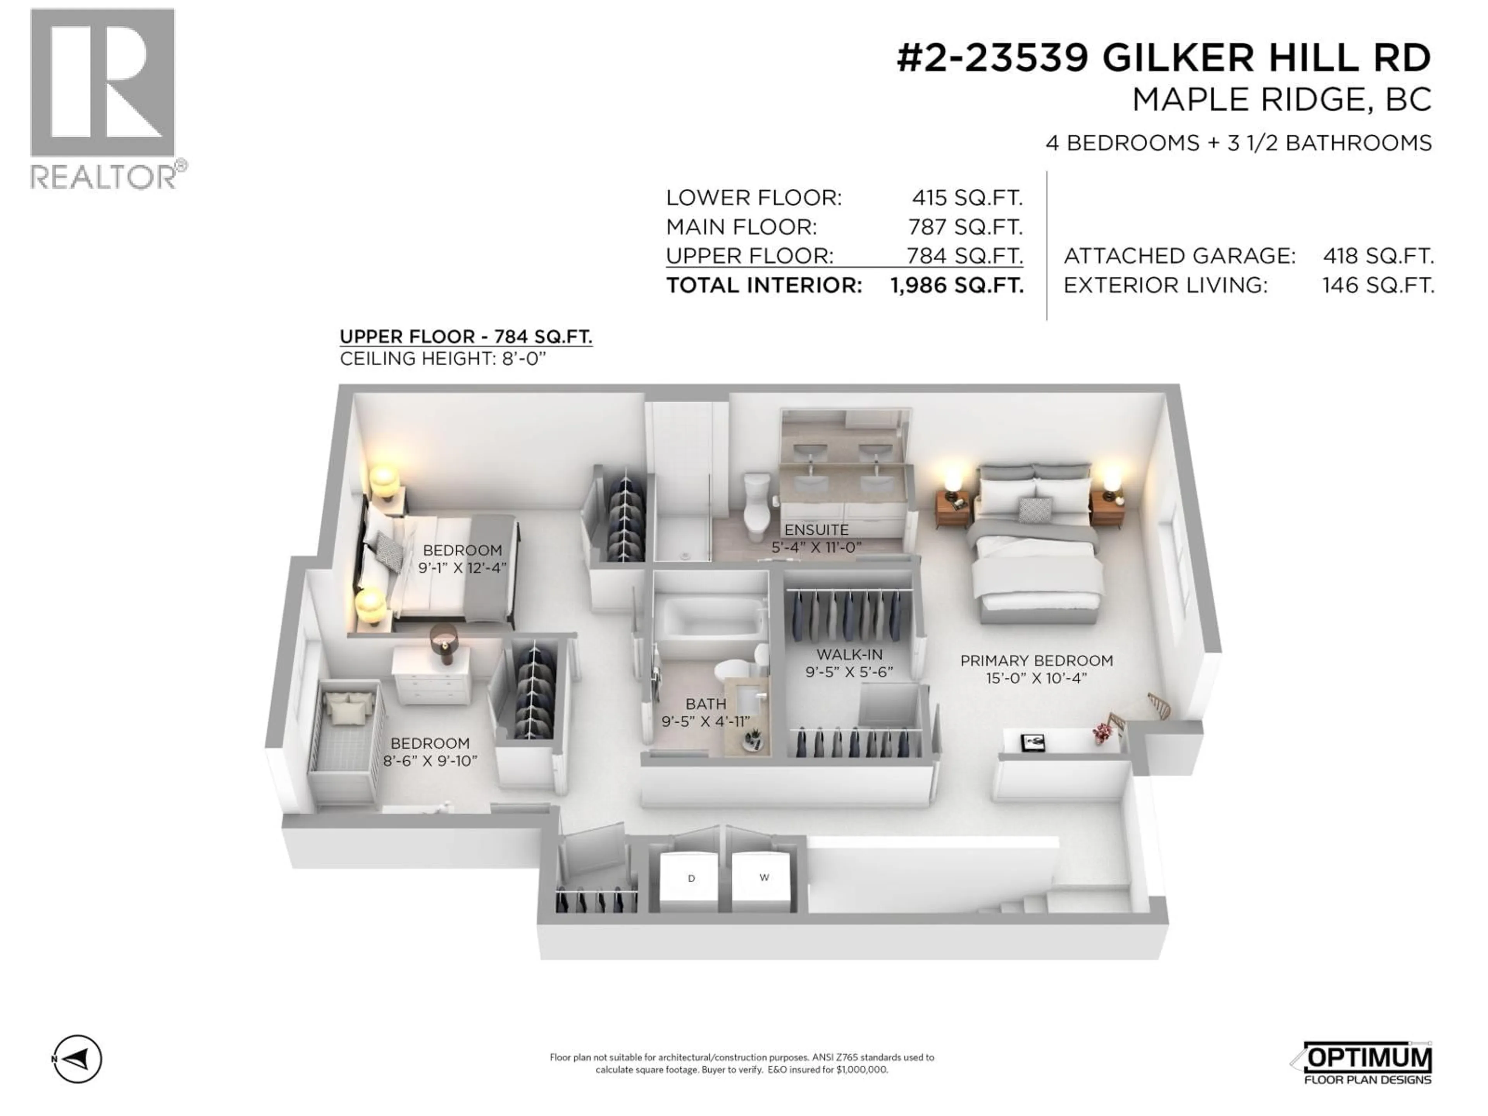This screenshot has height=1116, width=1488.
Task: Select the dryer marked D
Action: [689, 881]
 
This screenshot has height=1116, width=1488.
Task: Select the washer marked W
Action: [763, 880]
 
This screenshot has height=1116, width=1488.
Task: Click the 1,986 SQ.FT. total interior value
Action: [957, 285]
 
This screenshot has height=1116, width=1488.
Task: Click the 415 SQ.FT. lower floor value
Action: [967, 198]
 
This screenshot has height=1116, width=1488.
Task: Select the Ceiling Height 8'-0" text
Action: [443, 358]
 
